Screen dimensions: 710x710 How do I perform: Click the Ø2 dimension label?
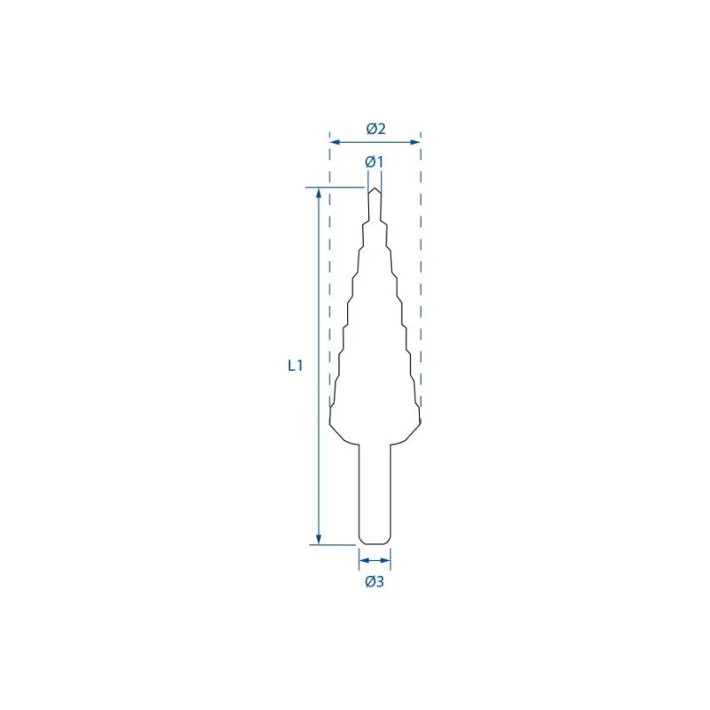point(375,129)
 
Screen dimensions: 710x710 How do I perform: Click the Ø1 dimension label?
point(374,162)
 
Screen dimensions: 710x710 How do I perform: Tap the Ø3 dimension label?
point(375,581)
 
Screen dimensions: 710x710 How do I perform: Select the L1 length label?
point(296,366)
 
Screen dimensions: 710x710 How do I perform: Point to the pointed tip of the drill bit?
point(375,188)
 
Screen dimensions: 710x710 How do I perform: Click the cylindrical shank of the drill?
point(375,493)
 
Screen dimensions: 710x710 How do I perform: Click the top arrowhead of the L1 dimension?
point(319,193)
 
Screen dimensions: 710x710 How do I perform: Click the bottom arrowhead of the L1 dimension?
point(319,539)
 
